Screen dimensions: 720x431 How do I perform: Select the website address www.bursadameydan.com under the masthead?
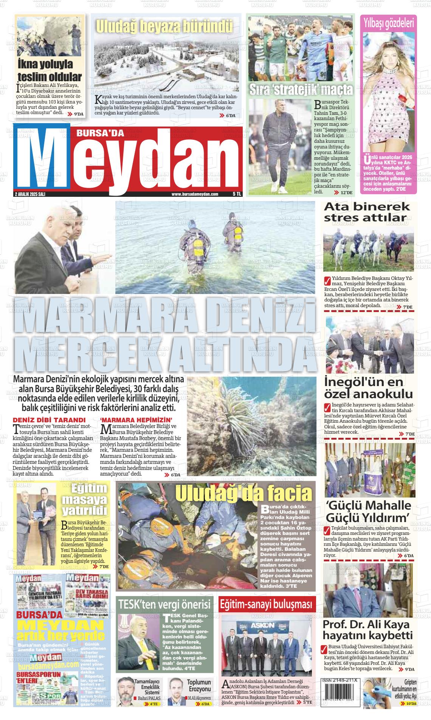click(x=195, y=194)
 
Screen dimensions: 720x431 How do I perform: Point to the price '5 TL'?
click(x=237, y=194)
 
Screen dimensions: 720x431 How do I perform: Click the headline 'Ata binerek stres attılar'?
click(x=367, y=212)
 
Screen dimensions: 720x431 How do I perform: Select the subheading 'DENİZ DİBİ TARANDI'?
click(x=49, y=420)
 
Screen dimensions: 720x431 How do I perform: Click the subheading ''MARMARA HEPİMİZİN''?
click(x=136, y=420)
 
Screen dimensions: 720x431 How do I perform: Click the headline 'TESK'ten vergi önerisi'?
click(x=164, y=604)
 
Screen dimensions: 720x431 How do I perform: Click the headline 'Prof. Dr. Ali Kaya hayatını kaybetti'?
click(x=367, y=629)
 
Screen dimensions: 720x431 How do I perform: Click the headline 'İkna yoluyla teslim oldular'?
click(x=50, y=71)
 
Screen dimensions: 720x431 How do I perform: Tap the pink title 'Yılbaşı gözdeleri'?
click(x=388, y=23)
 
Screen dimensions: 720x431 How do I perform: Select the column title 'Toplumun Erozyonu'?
click(x=199, y=686)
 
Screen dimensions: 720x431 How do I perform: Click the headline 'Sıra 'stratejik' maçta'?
click(x=301, y=90)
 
